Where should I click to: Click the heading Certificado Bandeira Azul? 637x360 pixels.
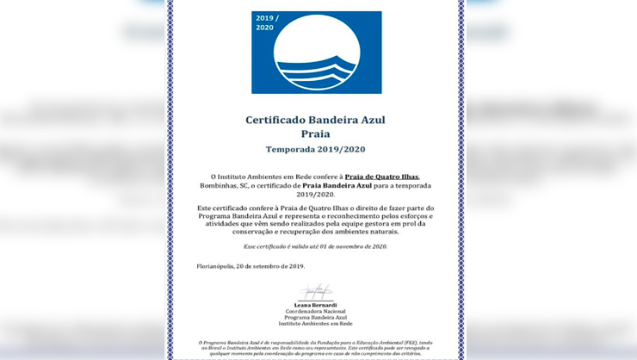(315, 121)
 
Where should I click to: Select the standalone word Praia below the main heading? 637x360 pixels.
(315, 134)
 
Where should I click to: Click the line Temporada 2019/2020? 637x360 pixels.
(315, 149)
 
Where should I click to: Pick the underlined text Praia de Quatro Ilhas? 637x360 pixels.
(381, 177)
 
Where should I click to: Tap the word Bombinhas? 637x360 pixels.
(216, 185)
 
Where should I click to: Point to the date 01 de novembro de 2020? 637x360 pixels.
(353, 246)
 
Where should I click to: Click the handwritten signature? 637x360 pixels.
(316, 292)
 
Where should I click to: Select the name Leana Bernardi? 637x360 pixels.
(316, 305)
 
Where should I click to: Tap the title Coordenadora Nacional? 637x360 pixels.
(316, 311)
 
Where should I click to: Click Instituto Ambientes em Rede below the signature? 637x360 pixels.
(316, 324)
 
